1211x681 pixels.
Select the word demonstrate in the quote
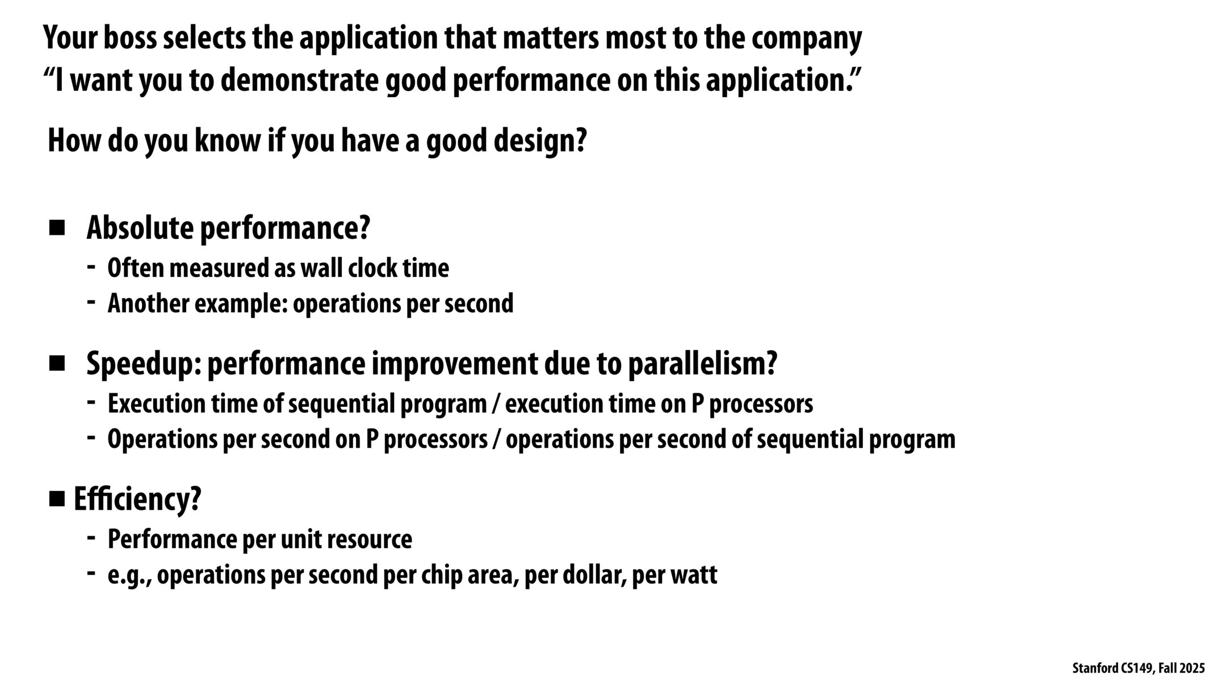[x=299, y=81]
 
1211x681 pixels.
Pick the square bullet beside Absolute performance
[x=57, y=229]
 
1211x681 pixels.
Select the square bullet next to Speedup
[x=57, y=363]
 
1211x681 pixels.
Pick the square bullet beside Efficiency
[x=57, y=499]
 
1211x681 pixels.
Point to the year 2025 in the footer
[x=1193, y=669]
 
